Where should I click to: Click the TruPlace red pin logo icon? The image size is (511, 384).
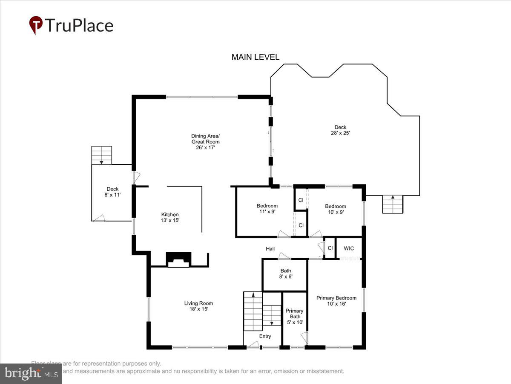(x=36, y=25)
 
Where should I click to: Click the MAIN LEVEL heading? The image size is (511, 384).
(x=255, y=57)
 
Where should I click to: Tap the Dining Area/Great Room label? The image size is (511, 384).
(x=205, y=142)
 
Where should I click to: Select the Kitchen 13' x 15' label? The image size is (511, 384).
(x=170, y=217)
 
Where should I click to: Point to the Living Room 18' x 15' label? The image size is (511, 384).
(x=198, y=306)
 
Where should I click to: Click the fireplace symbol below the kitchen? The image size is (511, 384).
(x=178, y=259)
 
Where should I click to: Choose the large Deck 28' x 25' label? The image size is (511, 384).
(x=340, y=130)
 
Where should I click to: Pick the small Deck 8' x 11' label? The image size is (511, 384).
(x=112, y=192)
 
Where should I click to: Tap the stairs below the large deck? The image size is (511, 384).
(x=392, y=204)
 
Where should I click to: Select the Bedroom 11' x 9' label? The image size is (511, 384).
(x=267, y=209)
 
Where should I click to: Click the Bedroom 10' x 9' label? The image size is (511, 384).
(x=335, y=209)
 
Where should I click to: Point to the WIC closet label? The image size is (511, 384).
(x=349, y=248)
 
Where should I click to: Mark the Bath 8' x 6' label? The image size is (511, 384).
(x=285, y=273)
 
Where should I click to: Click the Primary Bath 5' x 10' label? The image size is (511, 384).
(x=295, y=316)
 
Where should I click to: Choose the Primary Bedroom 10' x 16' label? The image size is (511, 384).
(x=336, y=301)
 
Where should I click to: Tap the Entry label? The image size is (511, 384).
(x=265, y=336)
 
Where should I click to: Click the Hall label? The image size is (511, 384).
(x=270, y=249)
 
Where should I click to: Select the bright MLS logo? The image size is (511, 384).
(x=31, y=374)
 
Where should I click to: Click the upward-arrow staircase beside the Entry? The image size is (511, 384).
(x=253, y=311)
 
